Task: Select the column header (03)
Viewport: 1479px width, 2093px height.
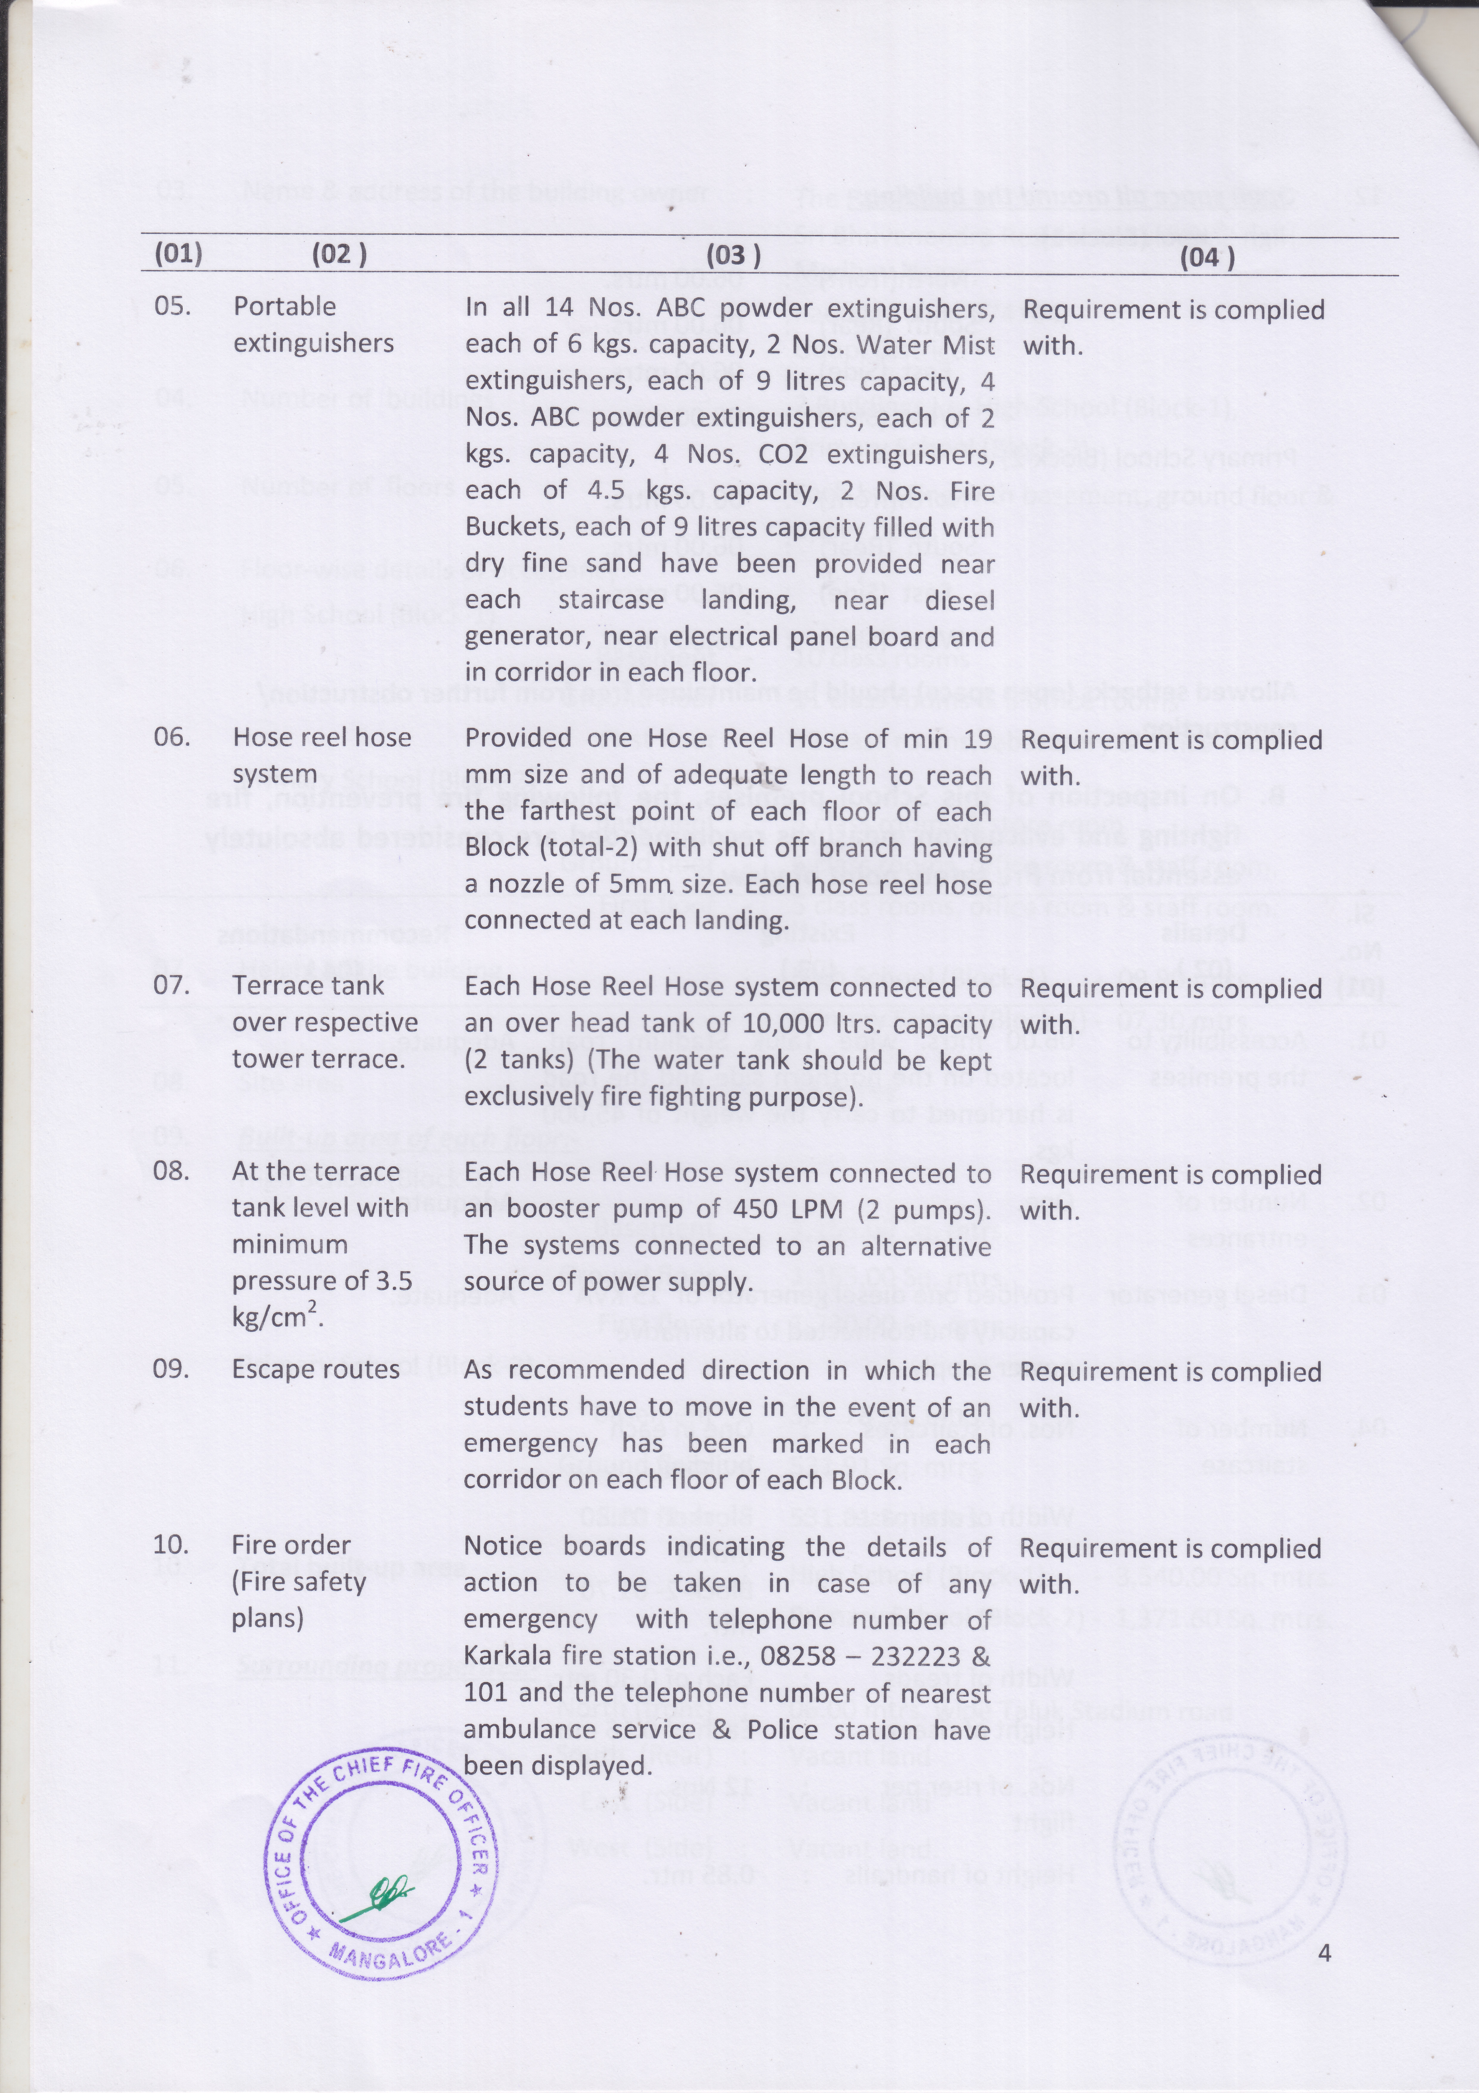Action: coord(730,254)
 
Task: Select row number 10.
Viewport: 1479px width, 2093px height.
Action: coord(170,1545)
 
